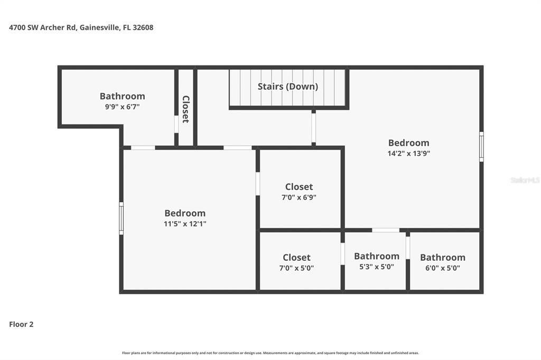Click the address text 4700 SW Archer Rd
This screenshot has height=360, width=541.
click(x=43, y=27)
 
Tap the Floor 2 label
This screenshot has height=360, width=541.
click(x=21, y=325)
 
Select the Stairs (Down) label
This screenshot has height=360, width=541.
click(x=287, y=87)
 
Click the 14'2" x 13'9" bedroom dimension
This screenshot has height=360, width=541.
click(x=408, y=154)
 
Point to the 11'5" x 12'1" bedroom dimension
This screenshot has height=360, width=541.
click(x=184, y=224)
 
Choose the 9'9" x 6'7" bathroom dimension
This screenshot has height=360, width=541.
click(x=122, y=107)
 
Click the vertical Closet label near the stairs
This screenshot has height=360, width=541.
click(x=186, y=109)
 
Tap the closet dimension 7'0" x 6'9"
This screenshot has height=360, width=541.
click(x=299, y=197)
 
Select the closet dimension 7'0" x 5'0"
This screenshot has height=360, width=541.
click(x=296, y=268)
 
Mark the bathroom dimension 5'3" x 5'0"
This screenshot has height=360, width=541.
click(x=376, y=267)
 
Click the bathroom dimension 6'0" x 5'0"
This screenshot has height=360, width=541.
click(x=442, y=268)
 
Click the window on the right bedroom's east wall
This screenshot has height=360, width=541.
click(x=481, y=146)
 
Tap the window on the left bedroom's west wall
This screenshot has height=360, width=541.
click(x=121, y=218)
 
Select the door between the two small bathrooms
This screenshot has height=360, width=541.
click(x=408, y=248)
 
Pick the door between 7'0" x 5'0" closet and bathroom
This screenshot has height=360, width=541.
click(x=342, y=253)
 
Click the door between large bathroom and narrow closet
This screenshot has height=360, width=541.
click(x=176, y=124)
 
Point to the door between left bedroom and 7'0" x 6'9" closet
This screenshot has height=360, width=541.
click(x=258, y=184)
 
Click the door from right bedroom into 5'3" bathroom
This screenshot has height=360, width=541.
click(x=386, y=230)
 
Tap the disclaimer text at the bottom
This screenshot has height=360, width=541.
click(x=270, y=353)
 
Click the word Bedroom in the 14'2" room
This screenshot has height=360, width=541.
click(x=408, y=143)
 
